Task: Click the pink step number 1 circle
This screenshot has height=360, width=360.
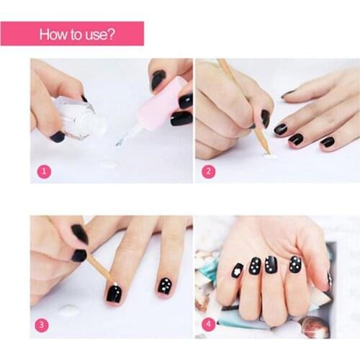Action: tap(44, 171)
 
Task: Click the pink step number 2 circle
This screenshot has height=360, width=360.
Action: tap(208, 171)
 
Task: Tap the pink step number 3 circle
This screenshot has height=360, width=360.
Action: tap(42, 325)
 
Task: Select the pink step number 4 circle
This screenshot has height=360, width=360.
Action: tap(208, 325)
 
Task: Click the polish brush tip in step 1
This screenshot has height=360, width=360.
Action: tap(120, 142)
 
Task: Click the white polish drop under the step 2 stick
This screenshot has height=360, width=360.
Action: tap(271, 156)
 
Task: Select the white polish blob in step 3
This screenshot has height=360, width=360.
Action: tap(69, 310)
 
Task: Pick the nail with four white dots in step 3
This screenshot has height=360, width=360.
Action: tap(165, 287)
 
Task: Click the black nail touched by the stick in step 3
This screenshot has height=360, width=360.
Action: tap(116, 293)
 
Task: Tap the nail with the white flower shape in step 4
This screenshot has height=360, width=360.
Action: tap(238, 271)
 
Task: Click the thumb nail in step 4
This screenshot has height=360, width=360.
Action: tap(330, 279)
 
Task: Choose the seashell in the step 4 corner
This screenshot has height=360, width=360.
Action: tap(315, 326)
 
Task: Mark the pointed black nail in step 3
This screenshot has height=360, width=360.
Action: tap(79, 233)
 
